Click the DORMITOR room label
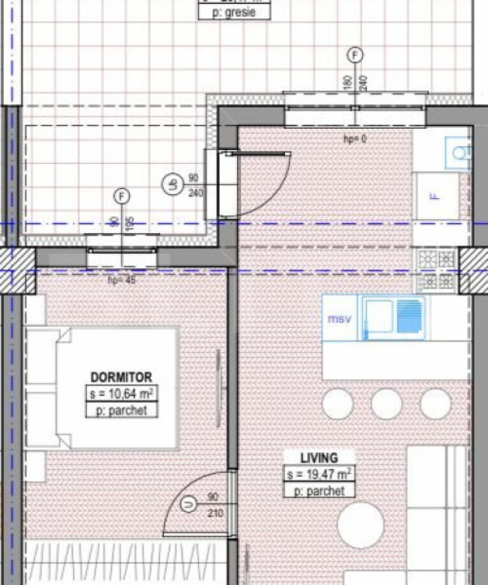click(x=121, y=376)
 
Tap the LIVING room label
click(x=319, y=458)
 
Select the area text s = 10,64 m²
click(x=121, y=394)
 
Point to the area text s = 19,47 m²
click(x=319, y=475)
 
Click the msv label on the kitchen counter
click(x=339, y=318)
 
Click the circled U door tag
click(x=188, y=503)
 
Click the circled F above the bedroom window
click(x=120, y=197)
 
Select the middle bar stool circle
click(x=387, y=404)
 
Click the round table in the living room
click(x=361, y=525)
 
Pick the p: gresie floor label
click(x=234, y=13)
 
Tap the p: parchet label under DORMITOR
click(x=121, y=411)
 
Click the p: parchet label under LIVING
click(x=319, y=491)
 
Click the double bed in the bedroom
click(x=103, y=388)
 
